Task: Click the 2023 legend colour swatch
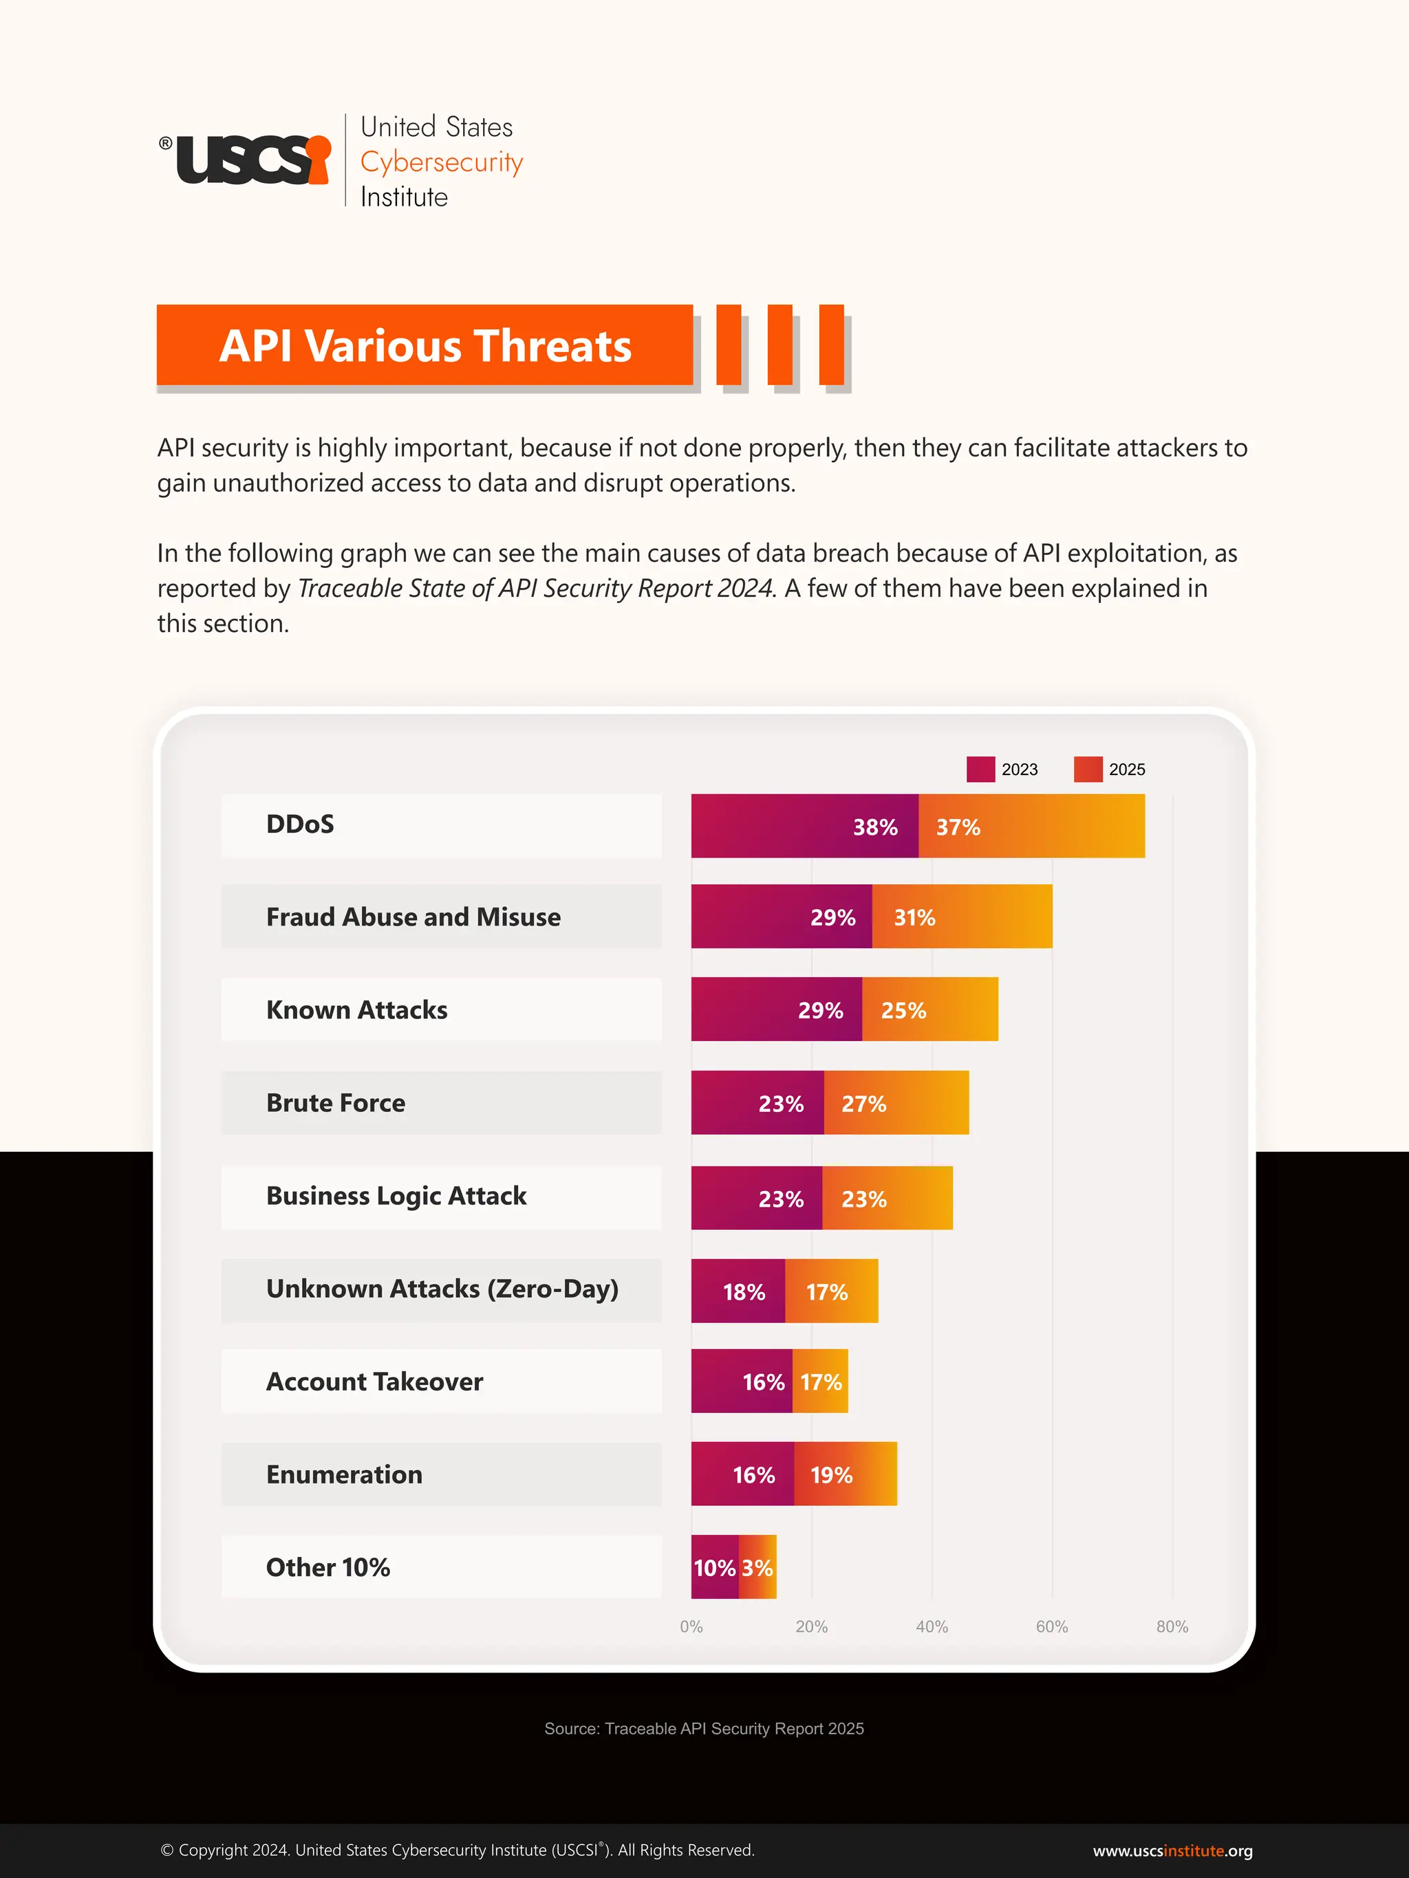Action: tap(980, 769)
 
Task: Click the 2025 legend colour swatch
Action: tap(1088, 769)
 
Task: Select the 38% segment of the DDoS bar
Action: tap(804, 826)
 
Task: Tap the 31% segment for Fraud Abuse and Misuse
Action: tap(961, 917)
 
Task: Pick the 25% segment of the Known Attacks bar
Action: tap(930, 1009)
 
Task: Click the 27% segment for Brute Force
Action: tap(896, 1103)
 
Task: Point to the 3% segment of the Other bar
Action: tap(757, 1567)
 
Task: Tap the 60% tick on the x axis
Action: tap(1051, 1627)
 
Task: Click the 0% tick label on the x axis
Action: tap(691, 1627)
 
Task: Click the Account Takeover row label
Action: tap(374, 1382)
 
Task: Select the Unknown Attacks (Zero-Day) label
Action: tap(442, 1289)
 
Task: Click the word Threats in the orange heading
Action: tap(552, 347)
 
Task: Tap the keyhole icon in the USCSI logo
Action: tap(319, 158)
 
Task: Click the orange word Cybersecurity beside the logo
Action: tap(442, 162)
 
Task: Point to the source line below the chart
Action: tap(704, 1729)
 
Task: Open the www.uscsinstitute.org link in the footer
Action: tap(1172, 1850)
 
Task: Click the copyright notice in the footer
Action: tap(457, 1850)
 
